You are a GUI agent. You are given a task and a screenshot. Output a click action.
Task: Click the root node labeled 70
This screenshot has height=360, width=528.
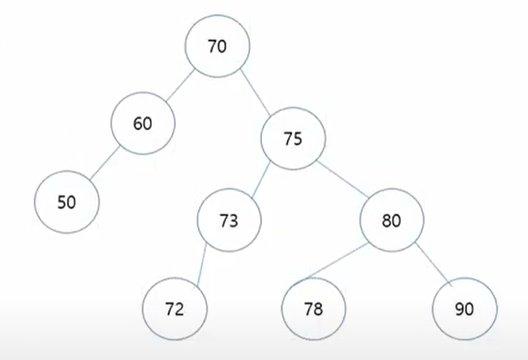216,46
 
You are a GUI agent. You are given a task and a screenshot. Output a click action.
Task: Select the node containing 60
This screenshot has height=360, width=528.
143,124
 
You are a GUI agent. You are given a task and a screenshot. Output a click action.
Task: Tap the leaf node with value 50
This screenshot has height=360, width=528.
67,201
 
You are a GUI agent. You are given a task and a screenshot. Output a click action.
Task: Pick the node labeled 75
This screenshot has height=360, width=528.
292,139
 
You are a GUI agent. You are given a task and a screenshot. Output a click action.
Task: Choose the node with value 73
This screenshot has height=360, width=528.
228,220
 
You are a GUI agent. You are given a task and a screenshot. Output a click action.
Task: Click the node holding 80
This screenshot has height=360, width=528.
391,221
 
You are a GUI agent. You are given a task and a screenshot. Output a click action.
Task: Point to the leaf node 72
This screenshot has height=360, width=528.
175,308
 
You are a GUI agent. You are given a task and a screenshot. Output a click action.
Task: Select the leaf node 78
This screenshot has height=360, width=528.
313,308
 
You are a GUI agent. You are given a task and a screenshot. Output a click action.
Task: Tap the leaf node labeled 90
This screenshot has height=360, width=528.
464,308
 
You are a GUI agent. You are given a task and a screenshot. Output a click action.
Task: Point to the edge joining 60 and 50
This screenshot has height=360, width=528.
105,163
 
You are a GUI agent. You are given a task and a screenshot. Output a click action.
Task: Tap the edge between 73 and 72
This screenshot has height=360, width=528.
202,263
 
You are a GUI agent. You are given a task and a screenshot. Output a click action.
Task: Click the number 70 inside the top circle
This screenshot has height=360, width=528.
216,46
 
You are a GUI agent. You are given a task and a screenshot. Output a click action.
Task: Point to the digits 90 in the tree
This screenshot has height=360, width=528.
464,309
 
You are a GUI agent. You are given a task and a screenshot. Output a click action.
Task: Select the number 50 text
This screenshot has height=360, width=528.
67,202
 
